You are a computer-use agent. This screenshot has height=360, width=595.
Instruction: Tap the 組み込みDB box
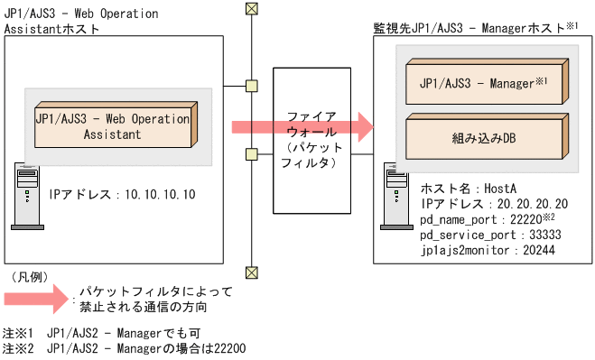pos(484,139)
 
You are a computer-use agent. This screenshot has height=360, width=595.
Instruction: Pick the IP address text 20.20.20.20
pos(534,205)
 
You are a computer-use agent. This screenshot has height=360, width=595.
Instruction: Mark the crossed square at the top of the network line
pos(252,10)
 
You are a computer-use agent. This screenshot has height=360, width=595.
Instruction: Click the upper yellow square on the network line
pos(252,87)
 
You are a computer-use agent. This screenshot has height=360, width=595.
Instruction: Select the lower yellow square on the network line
pos(252,152)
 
